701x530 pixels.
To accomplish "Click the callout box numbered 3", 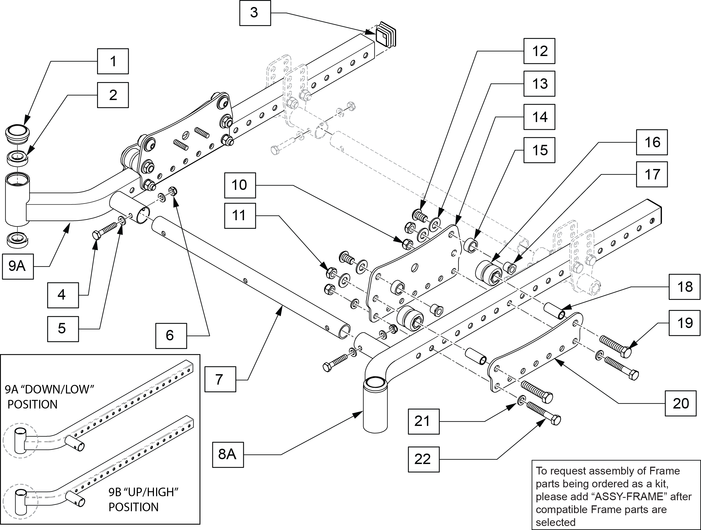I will point(255,13).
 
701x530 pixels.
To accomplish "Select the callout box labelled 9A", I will point(18,266).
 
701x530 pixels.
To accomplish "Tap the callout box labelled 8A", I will point(227,455).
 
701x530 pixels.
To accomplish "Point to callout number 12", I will point(539,51).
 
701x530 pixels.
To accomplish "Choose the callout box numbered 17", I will point(652,174).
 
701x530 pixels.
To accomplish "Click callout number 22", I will point(423,459).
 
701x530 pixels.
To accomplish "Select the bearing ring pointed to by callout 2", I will point(18,157).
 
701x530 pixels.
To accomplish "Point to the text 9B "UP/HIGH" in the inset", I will point(143,492).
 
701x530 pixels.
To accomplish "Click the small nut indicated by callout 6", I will point(173,191).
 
